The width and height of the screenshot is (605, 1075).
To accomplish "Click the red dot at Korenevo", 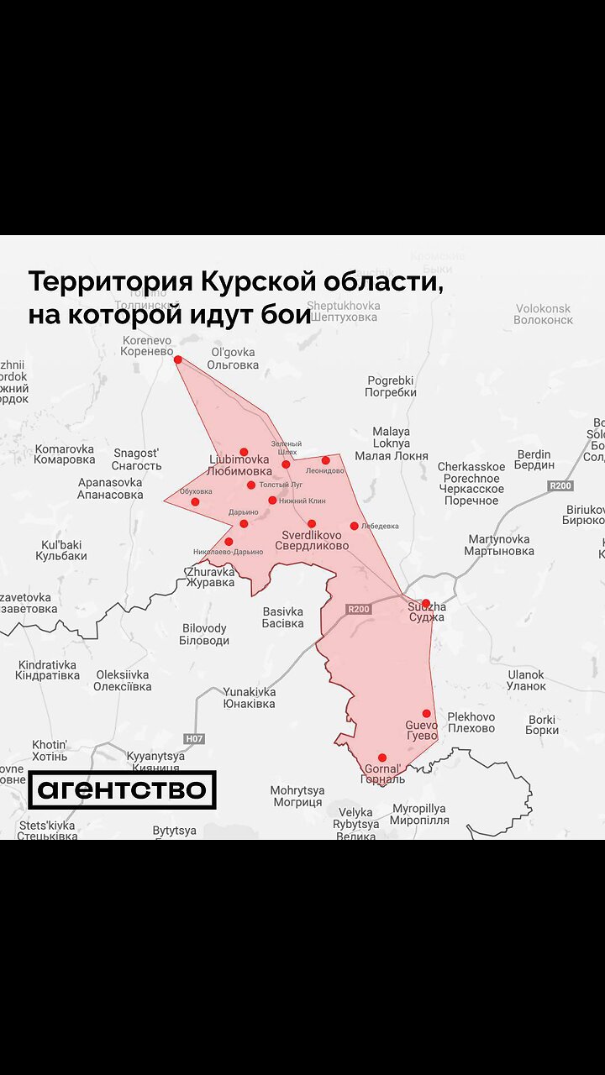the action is (x=177, y=359).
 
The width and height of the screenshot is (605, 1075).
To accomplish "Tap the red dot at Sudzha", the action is (x=425, y=603).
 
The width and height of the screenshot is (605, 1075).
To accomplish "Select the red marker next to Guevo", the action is (x=426, y=714).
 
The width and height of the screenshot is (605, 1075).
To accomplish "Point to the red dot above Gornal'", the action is (x=381, y=758).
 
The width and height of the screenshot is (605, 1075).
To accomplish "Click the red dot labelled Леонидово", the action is (x=325, y=460).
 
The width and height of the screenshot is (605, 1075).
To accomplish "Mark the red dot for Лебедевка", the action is (x=354, y=526).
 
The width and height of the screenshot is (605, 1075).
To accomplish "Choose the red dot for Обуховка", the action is (x=195, y=502).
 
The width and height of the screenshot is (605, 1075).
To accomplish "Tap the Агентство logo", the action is (x=122, y=789).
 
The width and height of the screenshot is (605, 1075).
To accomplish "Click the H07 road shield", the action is (x=194, y=739).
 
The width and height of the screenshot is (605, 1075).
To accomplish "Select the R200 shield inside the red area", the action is (x=358, y=609).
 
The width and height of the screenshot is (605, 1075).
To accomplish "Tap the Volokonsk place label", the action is (x=543, y=314).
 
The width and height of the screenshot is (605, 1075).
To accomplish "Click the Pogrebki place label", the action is (x=391, y=386).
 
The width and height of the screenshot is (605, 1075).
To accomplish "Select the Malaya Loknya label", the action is (x=391, y=443).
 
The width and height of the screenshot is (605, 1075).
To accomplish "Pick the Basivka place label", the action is (x=282, y=617).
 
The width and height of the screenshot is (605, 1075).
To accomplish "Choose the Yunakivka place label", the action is (x=249, y=698).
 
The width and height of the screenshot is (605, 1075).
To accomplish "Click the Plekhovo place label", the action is (x=471, y=722).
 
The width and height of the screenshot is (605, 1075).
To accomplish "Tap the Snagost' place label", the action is (x=136, y=459).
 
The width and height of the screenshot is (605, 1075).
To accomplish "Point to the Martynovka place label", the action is (x=499, y=545).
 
